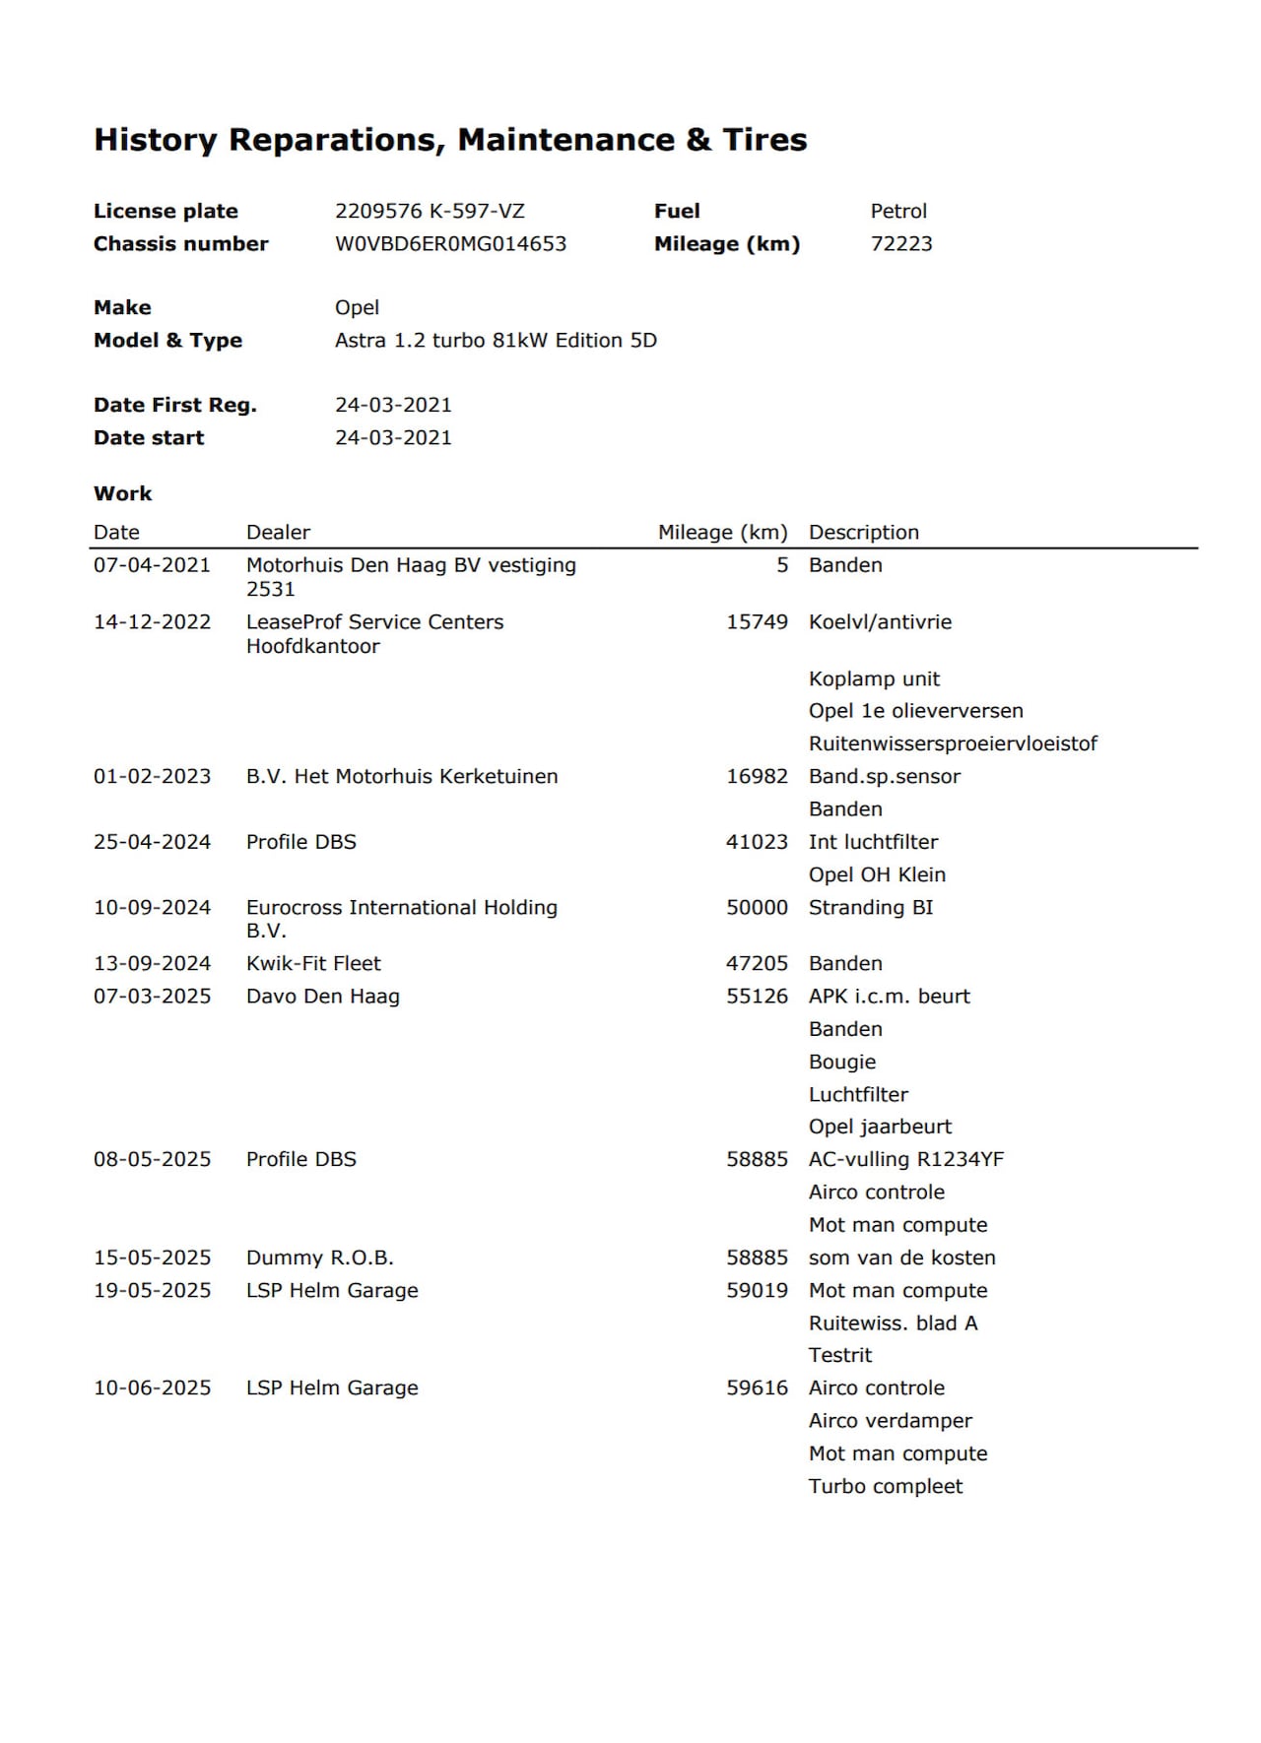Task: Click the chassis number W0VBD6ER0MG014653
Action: pyautogui.click(x=450, y=244)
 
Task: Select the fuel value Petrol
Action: pyautogui.click(x=898, y=212)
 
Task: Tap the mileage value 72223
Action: pyautogui.click(x=900, y=244)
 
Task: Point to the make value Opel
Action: pyautogui.click(x=357, y=308)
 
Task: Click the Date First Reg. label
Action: pyautogui.click(x=174, y=406)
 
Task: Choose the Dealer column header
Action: pyautogui.click(x=278, y=533)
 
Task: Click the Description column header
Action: pyautogui.click(x=863, y=533)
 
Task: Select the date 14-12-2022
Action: pyautogui.click(x=152, y=622)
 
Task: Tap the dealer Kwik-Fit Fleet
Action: pyautogui.click(x=313, y=964)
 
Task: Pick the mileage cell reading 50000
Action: pyautogui.click(x=757, y=908)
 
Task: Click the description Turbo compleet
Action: pyautogui.click(x=885, y=1487)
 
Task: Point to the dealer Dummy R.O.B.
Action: pyautogui.click(x=319, y=1259)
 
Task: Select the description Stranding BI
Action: pyautogui.click(x=870, y=908)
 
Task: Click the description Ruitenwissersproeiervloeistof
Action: pyautogui.click(x=952, y=744)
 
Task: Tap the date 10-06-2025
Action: pyautogui.click(x=152, y=1388)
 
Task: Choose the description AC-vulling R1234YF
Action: pyautogui.click(x=905, y=1160)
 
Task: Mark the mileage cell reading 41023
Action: pyautogui.click(x=757, y=843)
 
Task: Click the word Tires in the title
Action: pyautogui.click(x=764, y=140)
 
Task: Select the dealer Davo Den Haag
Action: pyautogui.click(x=322, y=997)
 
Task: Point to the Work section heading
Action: pyautogui.click(x=123, y=494)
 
